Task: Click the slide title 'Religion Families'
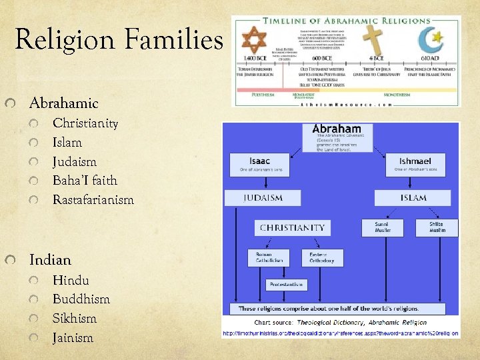tap(119, 39)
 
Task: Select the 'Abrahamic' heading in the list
tap(63, 103)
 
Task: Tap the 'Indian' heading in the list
tap(50, 260)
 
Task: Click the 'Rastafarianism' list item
tap(93, 199)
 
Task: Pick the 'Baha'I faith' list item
tap(85, 180)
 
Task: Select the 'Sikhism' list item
tap(75, 318)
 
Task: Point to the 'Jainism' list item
tap(73, 337)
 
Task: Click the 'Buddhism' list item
tap(81, 299)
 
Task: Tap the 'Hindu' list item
tap(71, 280)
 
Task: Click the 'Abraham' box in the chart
tap(337, 137)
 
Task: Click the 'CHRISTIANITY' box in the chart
tap(293, 227)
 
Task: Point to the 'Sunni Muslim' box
tap(382, 227)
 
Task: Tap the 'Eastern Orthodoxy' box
tap(323, 257)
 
